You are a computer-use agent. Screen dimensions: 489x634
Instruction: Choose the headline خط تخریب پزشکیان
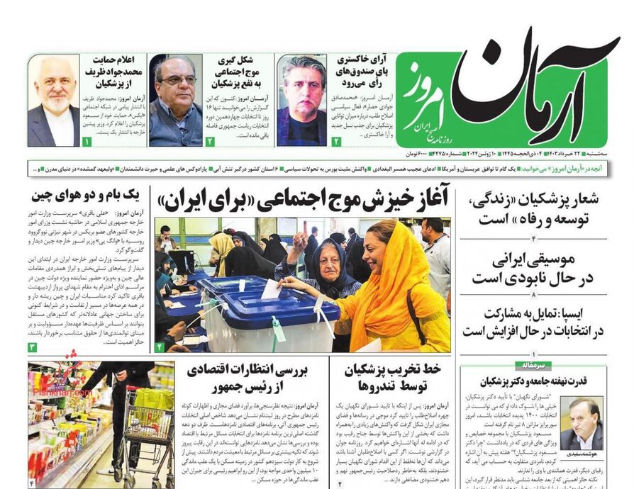point(393,378)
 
